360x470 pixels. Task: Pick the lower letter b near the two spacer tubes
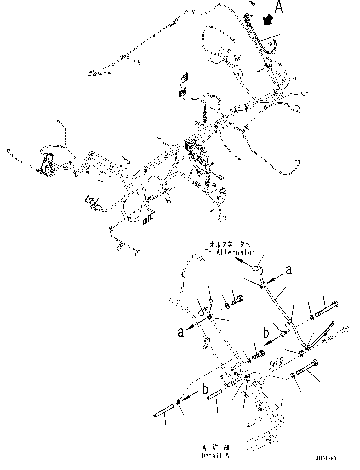point(205,390)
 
